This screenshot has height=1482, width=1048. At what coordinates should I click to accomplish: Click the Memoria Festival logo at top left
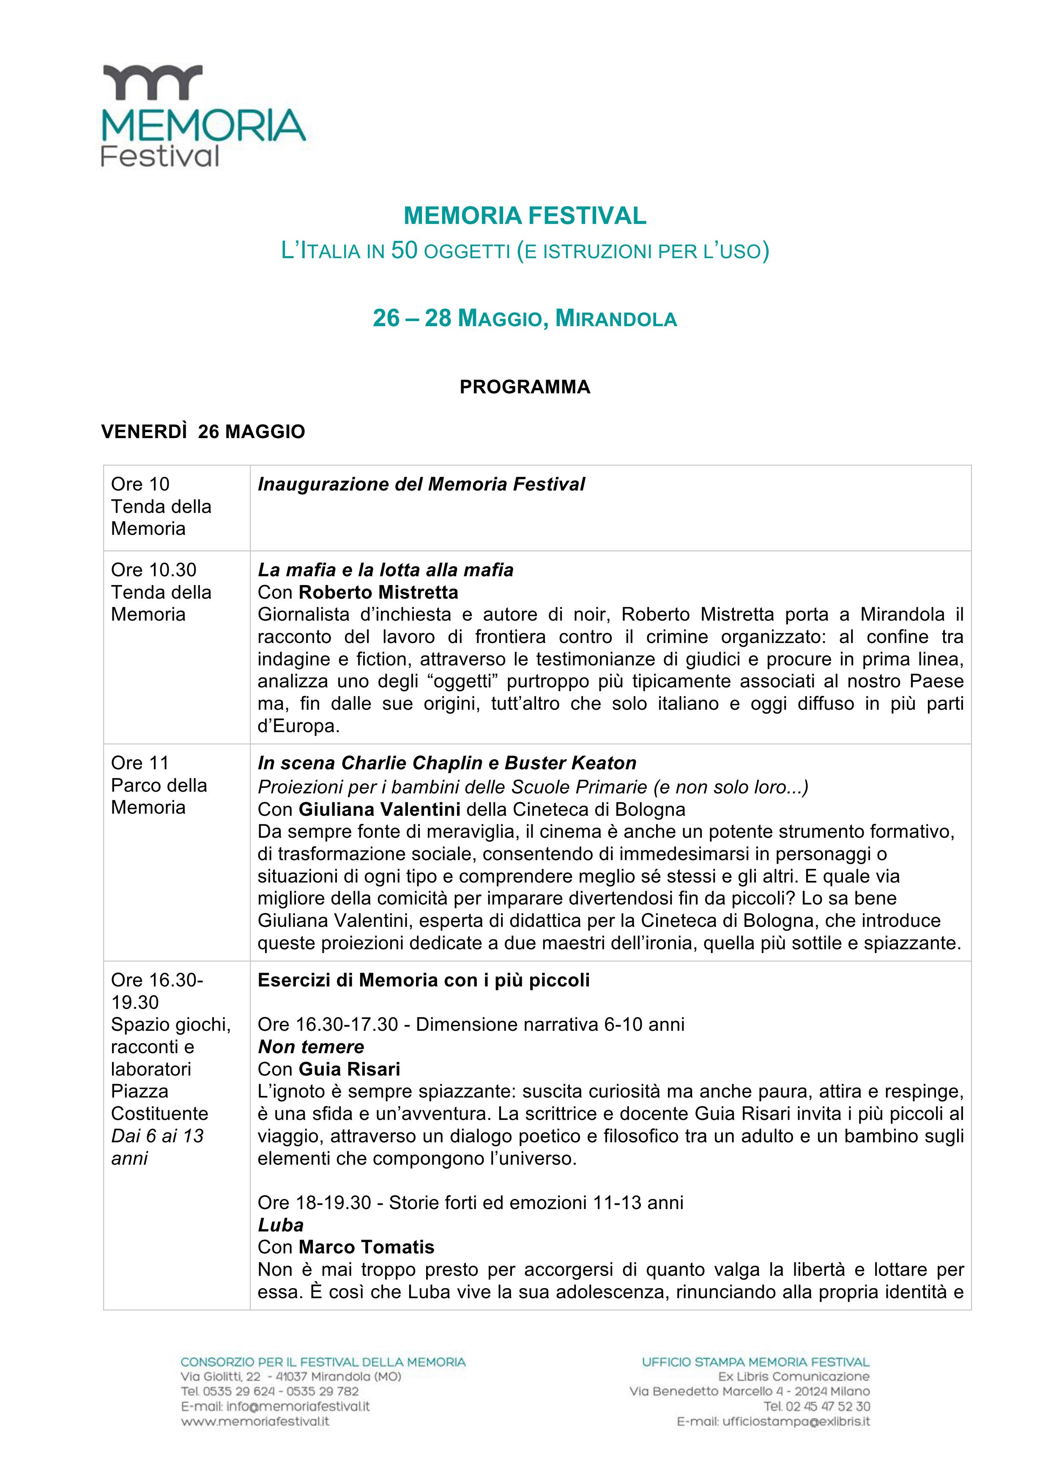point(203,116)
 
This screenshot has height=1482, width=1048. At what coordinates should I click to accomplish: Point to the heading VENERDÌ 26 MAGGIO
point(203,432)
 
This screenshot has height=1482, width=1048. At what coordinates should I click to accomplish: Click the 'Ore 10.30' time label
point(154,570)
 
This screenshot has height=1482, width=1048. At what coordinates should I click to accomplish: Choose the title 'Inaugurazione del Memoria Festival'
point(421,484)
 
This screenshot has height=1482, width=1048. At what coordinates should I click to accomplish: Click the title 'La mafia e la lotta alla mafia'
point(386,570)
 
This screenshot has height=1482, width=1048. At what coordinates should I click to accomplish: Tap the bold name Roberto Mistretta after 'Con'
point(378,592)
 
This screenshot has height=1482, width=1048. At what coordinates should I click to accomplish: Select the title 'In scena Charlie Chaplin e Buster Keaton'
point(447,763)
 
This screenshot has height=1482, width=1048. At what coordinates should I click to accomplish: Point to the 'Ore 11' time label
point(140,763)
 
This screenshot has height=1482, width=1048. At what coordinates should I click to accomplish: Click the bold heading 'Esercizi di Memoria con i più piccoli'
point(424,981)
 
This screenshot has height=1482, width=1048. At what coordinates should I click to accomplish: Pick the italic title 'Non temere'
point(311,1047)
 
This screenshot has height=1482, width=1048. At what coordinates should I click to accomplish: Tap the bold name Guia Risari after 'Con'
point(349,1069)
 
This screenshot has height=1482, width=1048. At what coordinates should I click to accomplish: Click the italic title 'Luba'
point(280,1225)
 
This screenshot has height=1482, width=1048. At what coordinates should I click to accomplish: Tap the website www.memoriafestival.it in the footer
point(255,1421)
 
